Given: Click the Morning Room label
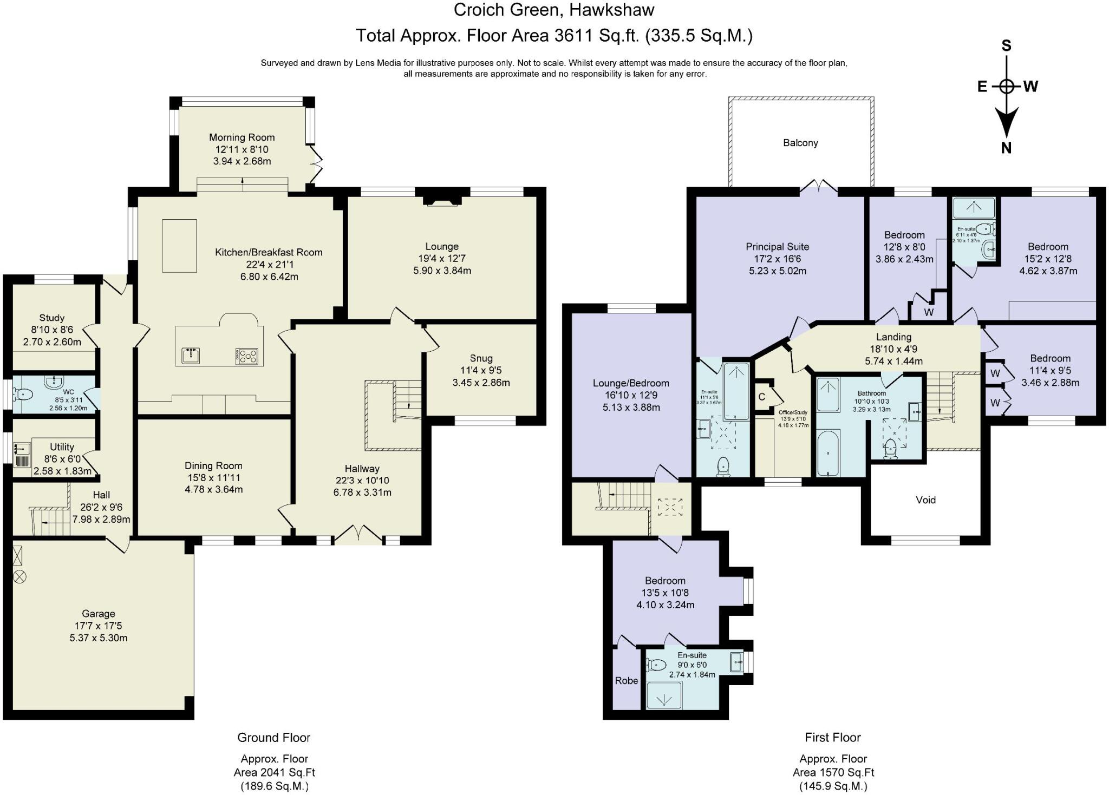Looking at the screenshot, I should [x=242, y=137].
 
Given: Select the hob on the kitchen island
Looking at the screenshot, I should [x=247, y=356].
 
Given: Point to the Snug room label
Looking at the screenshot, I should [x=481, y=358].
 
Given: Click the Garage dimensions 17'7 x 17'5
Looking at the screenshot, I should [x=98, y=626].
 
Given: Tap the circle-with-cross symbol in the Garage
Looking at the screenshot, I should [x=19, y=577].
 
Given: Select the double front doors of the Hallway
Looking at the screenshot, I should [x=359, y=535].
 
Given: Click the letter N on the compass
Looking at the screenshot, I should [x=1006, y=148].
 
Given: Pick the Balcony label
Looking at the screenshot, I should [x=800, y=143].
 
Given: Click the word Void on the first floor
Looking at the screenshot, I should [x=925, y=500].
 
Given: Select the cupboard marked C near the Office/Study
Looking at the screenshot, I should [x=762, y=397].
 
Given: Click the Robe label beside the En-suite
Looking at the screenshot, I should [x=627, y=680].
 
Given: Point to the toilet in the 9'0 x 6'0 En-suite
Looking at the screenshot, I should [x=657, y=664].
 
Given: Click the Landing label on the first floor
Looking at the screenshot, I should [x=893, y=337].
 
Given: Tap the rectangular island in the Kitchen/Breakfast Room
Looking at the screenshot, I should [x=179, y=245].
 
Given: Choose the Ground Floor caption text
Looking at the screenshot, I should [x=273, y=737].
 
